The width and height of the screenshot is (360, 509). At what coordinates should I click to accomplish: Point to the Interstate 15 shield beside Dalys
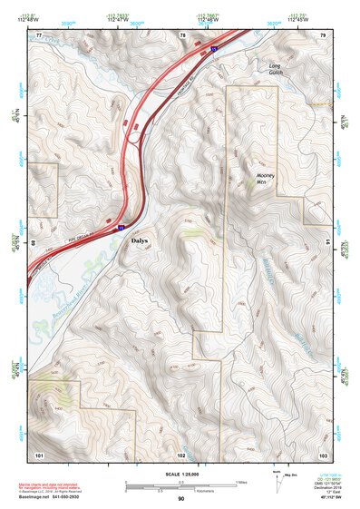(122, 228)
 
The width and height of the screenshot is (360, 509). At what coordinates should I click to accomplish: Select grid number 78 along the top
(182, 35)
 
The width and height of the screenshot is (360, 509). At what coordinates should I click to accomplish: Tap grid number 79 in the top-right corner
(323, 35)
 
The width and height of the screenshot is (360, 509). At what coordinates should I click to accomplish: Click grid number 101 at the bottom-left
(39, 454)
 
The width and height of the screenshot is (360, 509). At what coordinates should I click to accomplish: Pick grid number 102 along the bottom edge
(181, 454)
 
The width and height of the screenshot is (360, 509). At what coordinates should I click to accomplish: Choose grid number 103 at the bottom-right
(323, 454)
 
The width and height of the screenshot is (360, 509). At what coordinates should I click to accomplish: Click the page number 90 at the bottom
(180, 499)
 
